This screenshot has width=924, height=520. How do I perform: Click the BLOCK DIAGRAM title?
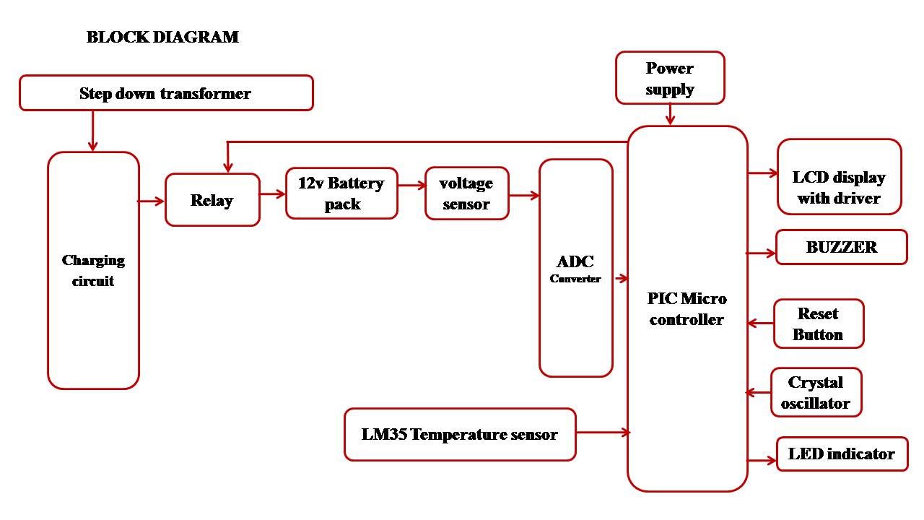click(162, 37)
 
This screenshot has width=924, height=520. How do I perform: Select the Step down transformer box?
click(166, 93)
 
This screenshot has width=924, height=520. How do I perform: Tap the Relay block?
click(212, 200)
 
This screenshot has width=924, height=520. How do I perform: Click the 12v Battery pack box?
click(341, 194)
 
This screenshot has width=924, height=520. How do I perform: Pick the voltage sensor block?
click(466, 194)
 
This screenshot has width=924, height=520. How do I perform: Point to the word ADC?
click(575, 262)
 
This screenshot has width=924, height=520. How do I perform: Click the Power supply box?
click(670, 78)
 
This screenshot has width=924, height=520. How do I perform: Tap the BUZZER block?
click(841, 247)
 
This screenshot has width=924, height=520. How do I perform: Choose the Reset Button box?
click(818, 324)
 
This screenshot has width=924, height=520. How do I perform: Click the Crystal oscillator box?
click(816, 393)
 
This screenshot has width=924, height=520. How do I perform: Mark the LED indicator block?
click(842, 454)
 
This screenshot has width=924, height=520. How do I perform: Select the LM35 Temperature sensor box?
click(460, 435)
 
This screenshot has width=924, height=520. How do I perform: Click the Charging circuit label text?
click(93, 271)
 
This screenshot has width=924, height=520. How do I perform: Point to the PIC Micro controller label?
click(687, 309)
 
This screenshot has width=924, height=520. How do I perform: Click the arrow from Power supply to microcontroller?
click(670, 115)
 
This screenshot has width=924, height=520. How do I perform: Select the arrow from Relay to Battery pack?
click(273, 194)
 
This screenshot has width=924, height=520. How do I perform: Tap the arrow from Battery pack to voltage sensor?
click(411, 186)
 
